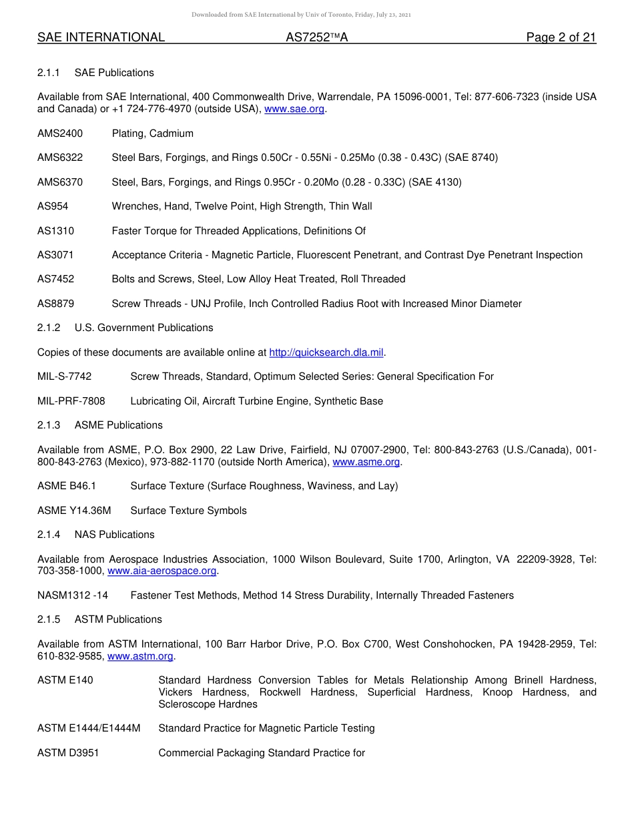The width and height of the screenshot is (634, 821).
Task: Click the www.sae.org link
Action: [x=294, y=109]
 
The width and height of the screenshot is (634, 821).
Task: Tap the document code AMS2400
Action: [x=60, y=133]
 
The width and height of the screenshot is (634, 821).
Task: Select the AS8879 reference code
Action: [x=55, y=304]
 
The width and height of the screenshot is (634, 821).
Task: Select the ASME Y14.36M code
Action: [x=73, y=511]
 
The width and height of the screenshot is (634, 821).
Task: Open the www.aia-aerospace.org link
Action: [x=162, y=571]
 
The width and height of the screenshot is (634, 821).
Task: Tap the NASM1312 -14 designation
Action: [x=72, y=595]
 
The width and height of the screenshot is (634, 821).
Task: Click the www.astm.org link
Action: [x=140, y=657]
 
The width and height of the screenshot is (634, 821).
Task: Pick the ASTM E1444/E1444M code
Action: [x=89, y=728]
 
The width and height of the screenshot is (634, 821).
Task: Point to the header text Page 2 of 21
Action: [x=561, y=38]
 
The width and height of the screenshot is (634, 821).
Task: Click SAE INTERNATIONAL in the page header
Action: [x=101, y=38]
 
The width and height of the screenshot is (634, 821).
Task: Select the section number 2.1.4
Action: [x=49, y=535]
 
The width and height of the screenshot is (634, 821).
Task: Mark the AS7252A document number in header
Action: [x=316, y=38]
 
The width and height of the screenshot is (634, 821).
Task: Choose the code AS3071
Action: [x=55, y=255]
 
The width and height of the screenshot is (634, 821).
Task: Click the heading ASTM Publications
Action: [x=118, y=619]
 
